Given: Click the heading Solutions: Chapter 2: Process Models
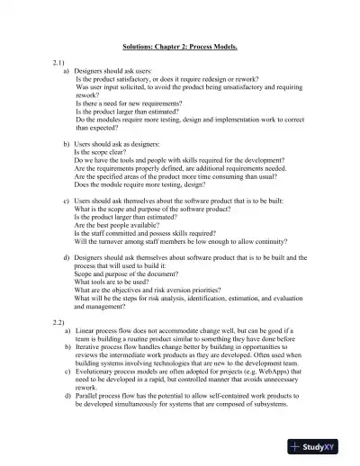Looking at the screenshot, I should point(179,46).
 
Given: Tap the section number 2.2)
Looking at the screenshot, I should point(59,321).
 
